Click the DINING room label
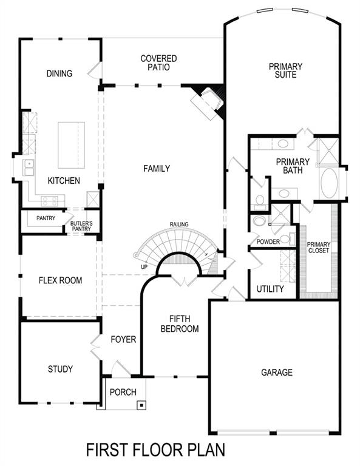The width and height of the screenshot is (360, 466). coord(59,74)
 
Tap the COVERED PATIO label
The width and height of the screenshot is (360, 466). coord(158,63)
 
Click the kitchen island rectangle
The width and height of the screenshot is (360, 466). coord(71,145)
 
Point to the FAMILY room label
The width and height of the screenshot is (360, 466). coord(156,169)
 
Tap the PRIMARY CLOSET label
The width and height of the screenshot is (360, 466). coord(319,247)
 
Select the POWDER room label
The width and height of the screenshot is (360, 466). coord(268,241)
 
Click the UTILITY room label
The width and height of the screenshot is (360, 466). coord(270,289)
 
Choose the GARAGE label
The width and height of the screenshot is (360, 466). coord(276,372)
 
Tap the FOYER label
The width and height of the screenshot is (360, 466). coord(124,339)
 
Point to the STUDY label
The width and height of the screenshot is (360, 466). coord(60,369)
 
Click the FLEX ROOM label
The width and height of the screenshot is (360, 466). coord(60,280)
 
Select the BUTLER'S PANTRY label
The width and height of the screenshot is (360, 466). coord(81,225)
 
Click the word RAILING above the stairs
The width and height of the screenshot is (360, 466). coord(179,225)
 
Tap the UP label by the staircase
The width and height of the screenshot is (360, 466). coord(144,267)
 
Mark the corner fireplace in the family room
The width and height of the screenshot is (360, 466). coord(208,101)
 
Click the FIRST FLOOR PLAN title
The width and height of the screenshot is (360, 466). coord(155,450)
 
